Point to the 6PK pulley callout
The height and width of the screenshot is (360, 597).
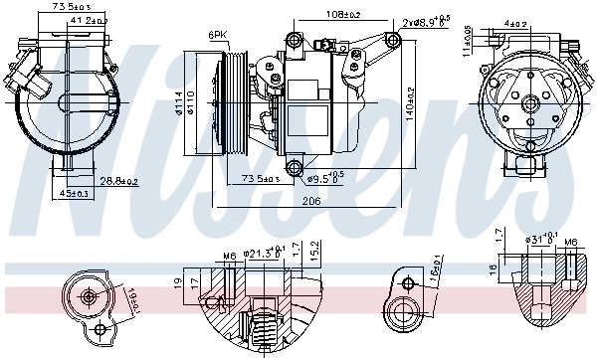(x=218, y=36)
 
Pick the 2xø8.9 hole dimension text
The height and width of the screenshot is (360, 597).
(x=427, y=20)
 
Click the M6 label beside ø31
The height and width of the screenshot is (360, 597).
(x=570, y=242)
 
